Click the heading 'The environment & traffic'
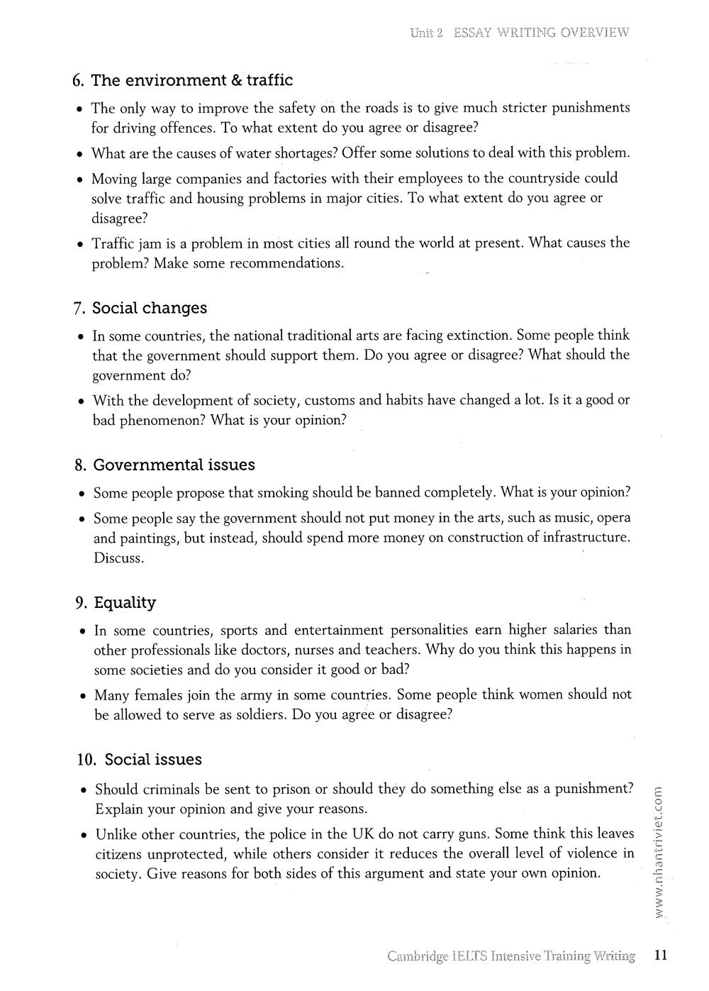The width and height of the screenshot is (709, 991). coord(191,80)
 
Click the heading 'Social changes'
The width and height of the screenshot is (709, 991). coord(150,308)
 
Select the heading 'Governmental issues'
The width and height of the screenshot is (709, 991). coord(174,465)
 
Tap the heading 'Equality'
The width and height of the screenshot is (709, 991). coord(125,602)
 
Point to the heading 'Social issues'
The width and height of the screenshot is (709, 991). coord(153,759)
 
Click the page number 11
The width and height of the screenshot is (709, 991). coord(661,955)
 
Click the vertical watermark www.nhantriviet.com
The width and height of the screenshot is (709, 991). coord(659,855)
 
